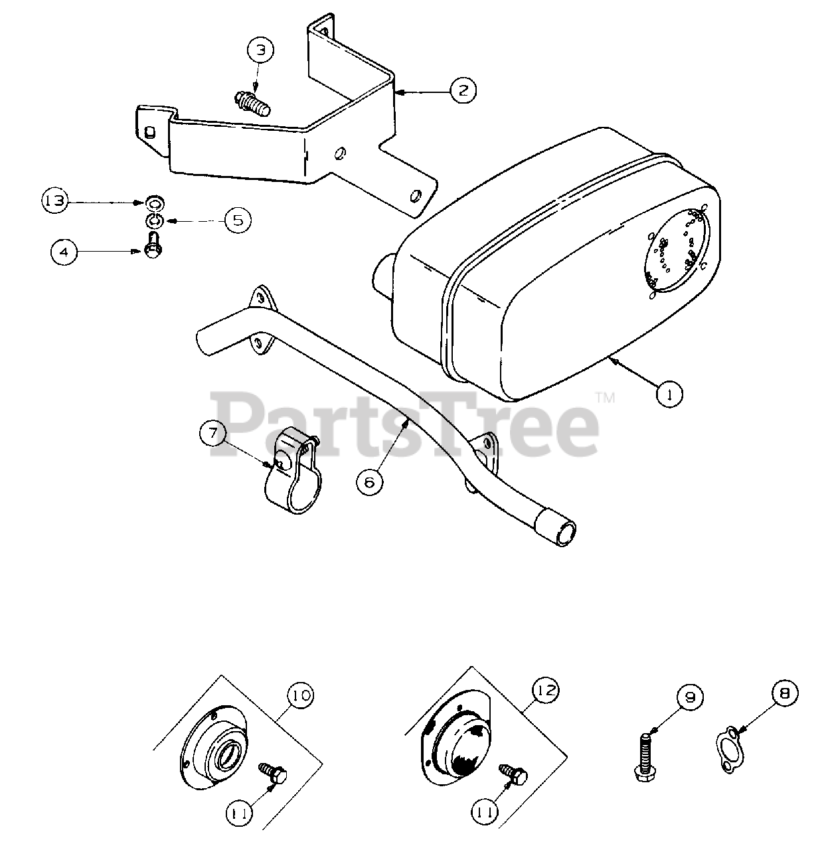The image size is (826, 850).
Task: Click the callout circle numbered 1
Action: pos(670,394)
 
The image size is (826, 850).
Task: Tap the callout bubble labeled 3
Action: pos(260,50)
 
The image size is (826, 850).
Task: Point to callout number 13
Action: pos(55,201)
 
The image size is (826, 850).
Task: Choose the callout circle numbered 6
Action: pos(369,481)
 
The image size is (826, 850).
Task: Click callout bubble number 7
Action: pos(212,434)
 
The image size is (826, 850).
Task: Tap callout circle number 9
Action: pos(690,698)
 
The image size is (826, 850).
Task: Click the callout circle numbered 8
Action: pos(785,693)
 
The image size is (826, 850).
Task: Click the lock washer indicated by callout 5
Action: pos(154,220)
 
